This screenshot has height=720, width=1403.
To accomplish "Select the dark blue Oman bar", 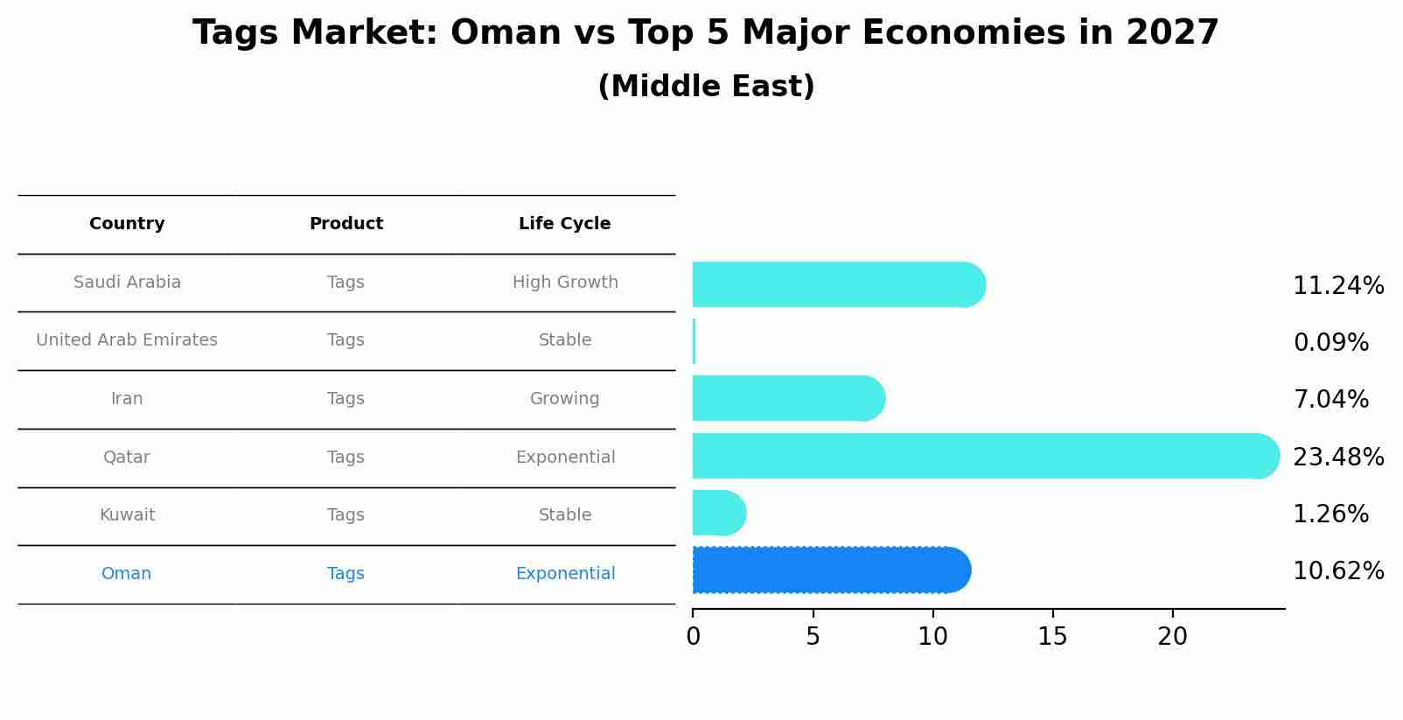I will pyautogui.click(x=831, y=570).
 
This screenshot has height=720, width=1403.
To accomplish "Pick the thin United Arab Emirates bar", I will pyautogui.click(x=694, y=341).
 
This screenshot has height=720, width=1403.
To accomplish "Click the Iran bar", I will pyautogui.click(x=787, y=398).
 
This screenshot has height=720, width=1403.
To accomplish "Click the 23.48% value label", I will pyautogui.click(x=1337, y=457).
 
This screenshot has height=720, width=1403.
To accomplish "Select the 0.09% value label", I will pyautogui.click(x=1330, y=343).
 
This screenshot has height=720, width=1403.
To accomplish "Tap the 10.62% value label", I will pyautogui.click(x=1337, y=571).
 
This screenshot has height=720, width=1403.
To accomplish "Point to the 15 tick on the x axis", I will pyautogui.click(x=1052, y=637).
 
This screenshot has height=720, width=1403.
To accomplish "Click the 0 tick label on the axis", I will pyautogui.click(x=693, y=637).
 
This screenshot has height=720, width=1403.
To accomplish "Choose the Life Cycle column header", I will pyautogui.click(x=564, y=224).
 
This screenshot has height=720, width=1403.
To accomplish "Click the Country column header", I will pyautogui.click(x=127, y=224).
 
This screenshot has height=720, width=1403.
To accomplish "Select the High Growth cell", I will pyautogui.click(x=564, y=283).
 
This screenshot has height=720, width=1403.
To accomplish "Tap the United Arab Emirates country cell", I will pyautogui.click(x=127, y=340).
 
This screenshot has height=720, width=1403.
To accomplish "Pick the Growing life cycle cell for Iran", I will pyautogui.click(x=564, y=399).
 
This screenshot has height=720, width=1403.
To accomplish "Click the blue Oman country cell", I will pyautogui.click(x=126, y=574).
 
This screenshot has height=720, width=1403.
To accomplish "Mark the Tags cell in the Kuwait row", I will pyautogui.click(x=346, y=515).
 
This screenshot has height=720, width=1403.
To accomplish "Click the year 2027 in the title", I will pyautogui.click(x=1171, y=33).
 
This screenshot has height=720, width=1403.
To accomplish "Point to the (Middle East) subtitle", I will pyautogui.click(x=706, y=87).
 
